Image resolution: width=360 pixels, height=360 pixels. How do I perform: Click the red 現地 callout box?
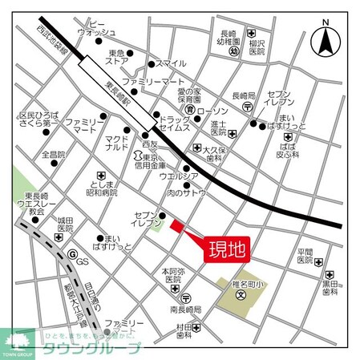(x=227, y=247)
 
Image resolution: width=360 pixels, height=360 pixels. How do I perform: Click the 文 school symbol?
(x=240, y=294)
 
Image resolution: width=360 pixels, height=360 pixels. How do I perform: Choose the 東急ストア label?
(x=118, y=59)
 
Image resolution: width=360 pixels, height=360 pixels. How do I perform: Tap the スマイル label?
(x=170, y=63)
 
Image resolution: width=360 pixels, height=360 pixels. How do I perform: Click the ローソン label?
(x=212, y=110)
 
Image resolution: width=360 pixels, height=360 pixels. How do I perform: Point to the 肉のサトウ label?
(x=187, y=192)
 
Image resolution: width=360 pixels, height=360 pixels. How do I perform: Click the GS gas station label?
(x=83, y=262)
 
